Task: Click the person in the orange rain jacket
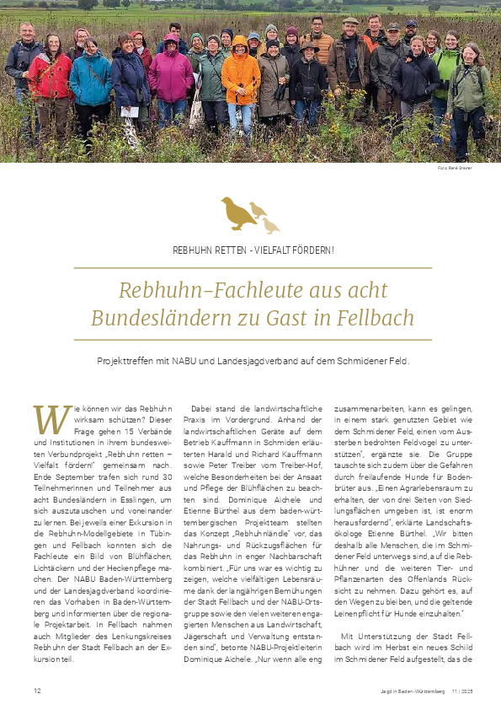point(241,76)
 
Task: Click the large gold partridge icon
point(238,213)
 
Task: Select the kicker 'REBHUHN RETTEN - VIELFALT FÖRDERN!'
point(253,250)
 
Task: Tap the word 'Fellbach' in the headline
point(375,318)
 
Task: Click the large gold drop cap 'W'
point(49,418)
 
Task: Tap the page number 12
point(37,691)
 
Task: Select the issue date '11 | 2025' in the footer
point(462,691)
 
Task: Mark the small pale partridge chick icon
point(270,225)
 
